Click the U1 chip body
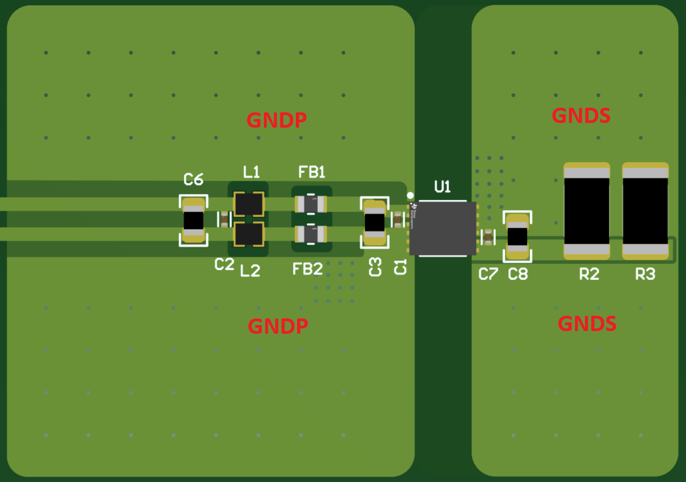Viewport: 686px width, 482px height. (x=443, y=228)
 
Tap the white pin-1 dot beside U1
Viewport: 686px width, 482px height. (x=410, y=195)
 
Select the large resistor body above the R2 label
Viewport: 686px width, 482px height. (x=586, y=210)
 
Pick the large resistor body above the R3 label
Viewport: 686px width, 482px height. (x=645, y=210)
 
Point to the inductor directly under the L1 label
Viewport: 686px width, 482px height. (x=249, y=203)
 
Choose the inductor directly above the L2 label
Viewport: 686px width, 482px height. (x=249, y=233)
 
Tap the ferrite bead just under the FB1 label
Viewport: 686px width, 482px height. (x=310, y=203)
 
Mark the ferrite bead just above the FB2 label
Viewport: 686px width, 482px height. (x=310, y=233)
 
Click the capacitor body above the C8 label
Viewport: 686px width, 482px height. (x=517, y=236)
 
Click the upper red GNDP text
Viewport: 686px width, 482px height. (x=277, y=120)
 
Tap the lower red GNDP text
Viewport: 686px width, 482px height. (x=278, y=326)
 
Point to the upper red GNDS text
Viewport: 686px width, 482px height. (x=581, y=116)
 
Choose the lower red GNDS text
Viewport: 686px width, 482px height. (x=587, y=324)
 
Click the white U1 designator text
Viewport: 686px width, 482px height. (x=442, y=187)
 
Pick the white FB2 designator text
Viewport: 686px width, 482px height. (x=308, y=269)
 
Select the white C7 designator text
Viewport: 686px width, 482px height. (x=488, y=274)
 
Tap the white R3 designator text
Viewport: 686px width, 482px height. (x=645, y=274)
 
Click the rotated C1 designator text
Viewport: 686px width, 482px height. (x=400, y=267)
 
